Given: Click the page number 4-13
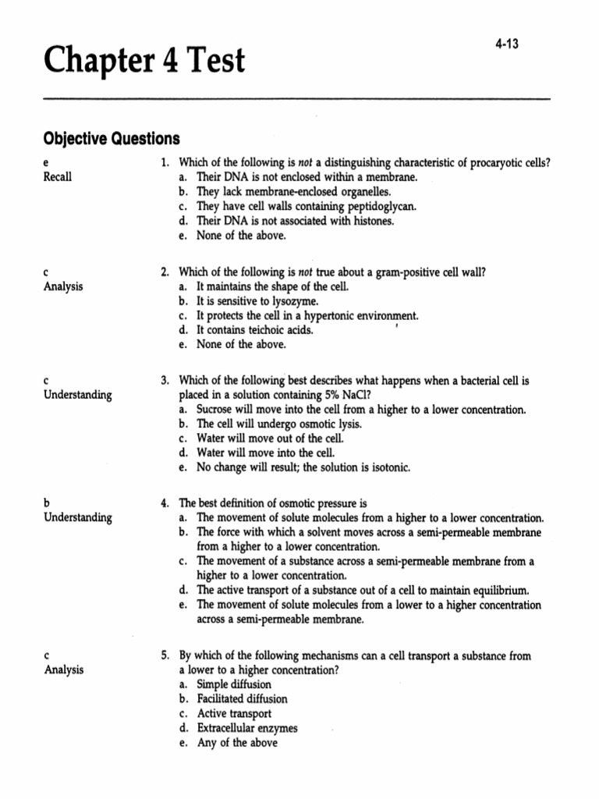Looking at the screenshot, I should tap(506, 44).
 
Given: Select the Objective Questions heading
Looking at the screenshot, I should tap(111, 139).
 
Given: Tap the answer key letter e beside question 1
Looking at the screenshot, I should tap(45, 162).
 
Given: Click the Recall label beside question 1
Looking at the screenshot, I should tap(57, 177).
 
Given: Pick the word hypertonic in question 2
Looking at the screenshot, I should tap(309, 315).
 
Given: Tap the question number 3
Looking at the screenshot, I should tap(165, 381).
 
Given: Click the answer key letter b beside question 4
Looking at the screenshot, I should tap(46, 503).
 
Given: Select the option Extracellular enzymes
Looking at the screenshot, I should tap(247, 729).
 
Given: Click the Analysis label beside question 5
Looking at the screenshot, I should tap(64, 670).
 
